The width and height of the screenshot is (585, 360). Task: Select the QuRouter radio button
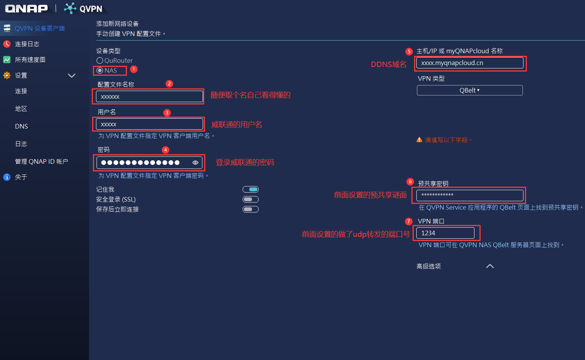click(100, 60)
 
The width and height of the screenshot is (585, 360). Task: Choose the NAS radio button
click(100, 70)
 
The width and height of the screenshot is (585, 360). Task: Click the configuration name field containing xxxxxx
click(149, 96)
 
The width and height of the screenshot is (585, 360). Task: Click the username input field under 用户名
click(149, 124)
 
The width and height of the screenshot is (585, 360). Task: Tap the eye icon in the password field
click(195, 163)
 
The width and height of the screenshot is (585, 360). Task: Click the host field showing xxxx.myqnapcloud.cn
click(470, 63)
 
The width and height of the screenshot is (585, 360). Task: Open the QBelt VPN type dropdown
click(470, 90)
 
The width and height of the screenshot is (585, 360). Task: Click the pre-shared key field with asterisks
click(470, 195)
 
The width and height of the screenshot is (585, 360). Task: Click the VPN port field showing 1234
click(445, 233)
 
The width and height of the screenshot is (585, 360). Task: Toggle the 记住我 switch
click(250, 189)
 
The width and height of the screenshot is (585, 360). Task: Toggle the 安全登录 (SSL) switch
click(250, 199)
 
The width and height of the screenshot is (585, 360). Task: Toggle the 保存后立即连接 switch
click(250, 209)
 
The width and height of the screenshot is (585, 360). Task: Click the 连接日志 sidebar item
click(27, 44)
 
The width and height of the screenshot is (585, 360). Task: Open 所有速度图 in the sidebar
click(30, 60)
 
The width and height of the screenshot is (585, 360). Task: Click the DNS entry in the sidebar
click(21, 126)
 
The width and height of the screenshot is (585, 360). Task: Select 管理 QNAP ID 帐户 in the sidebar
click(41, 161)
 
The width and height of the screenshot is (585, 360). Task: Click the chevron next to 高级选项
click(490, 266)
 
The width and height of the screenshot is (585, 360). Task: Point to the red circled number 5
click(409, 51)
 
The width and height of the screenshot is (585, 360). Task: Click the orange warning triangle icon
click(419, 140)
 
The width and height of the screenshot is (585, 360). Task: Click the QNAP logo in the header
click(26, 8)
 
